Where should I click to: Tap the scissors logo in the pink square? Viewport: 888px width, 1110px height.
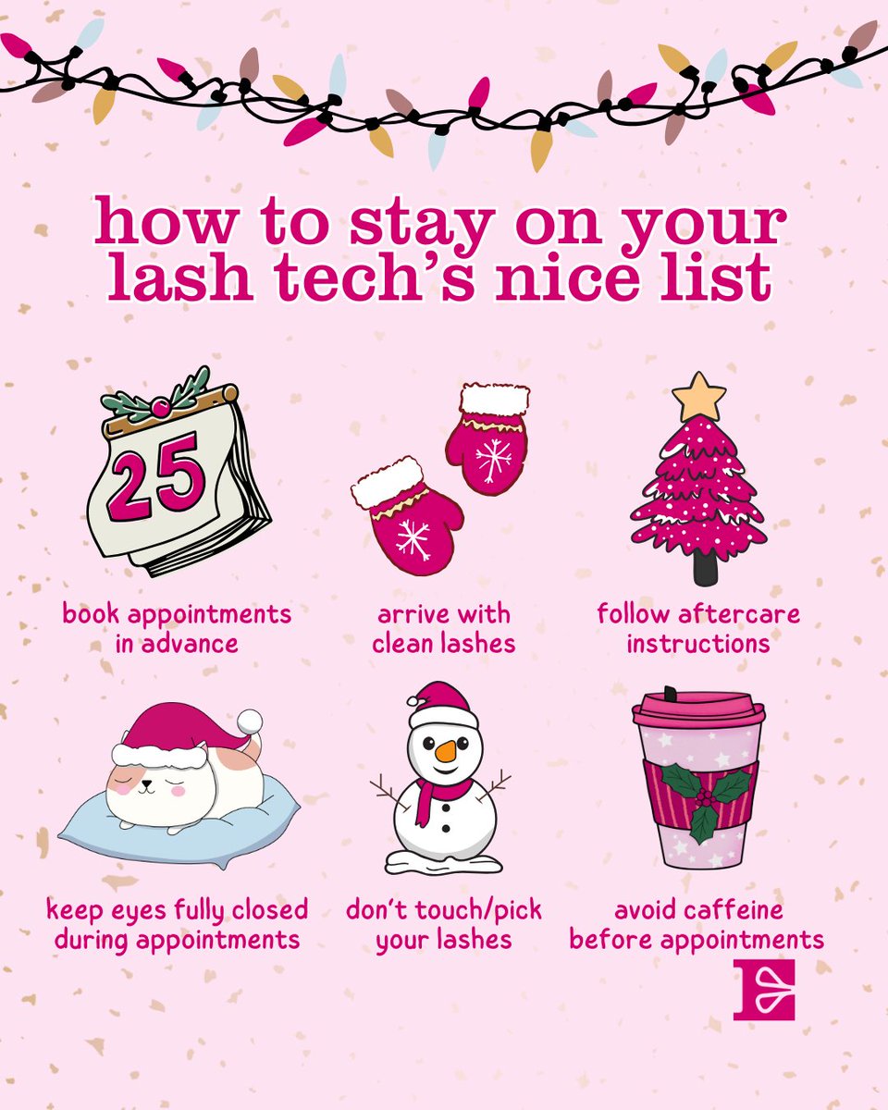(763, 989)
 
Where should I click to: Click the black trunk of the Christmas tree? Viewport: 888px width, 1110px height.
(705, 569)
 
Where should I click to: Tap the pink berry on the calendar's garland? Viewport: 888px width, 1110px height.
(162, 408)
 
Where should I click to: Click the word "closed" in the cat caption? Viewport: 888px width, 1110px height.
(267, 910)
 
